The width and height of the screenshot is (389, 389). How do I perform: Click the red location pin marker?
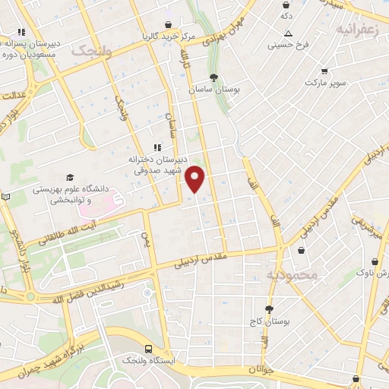196,179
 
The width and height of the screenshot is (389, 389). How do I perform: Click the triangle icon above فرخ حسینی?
289,33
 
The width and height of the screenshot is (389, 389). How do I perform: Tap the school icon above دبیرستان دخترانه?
157,147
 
